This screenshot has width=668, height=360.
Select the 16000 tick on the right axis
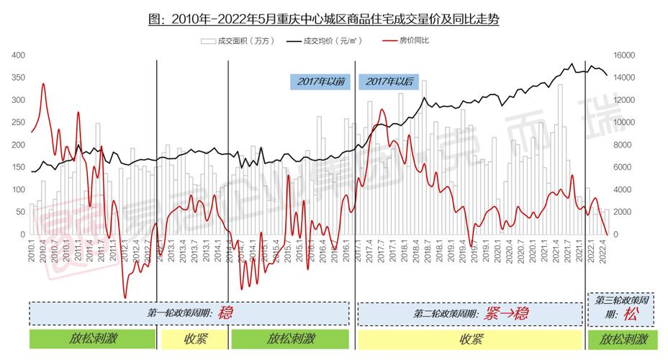pyautogui.click(x=623, y=55)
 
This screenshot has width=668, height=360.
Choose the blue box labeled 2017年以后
pyautogui.click(x=389, y=82)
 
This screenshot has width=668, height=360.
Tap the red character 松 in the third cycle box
pyautogui.click(x=631, y=315)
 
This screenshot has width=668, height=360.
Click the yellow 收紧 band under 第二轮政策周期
pyautogui.click(x=471, y=339)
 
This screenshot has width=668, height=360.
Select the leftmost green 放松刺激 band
pyautogui.click(x=93, y=339)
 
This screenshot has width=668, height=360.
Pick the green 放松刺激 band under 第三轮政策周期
pyautogui.click(x=623, y=339)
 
